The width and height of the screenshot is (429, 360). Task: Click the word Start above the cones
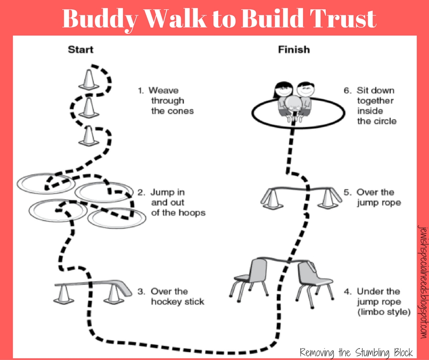(x=81, y=49)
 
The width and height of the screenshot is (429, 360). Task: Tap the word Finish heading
(x=294, y=49)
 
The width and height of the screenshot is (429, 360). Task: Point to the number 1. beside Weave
(x=141, y=90)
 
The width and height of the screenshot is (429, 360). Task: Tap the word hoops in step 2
(x=192, y=212)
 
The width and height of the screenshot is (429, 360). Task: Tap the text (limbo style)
(x=383, y=312)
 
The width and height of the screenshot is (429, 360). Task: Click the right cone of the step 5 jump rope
(x=327, y=198)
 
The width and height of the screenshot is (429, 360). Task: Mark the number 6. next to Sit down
(x=347, y=90)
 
